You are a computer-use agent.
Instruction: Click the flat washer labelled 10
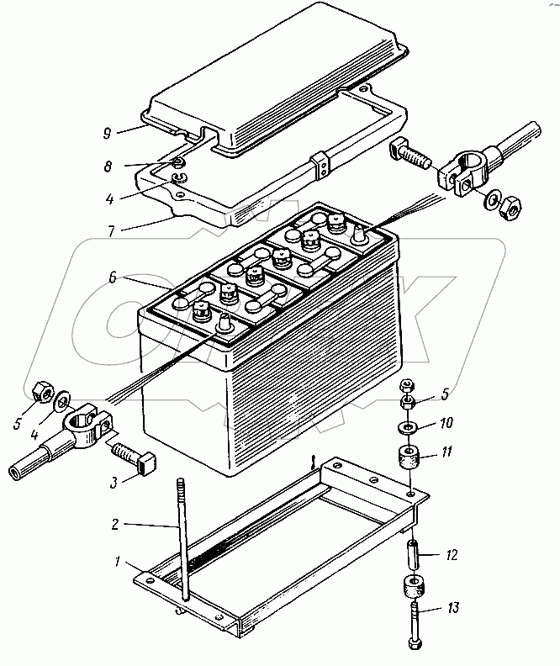pos(407,425)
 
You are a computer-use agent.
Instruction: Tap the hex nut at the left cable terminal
pos(41,391)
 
